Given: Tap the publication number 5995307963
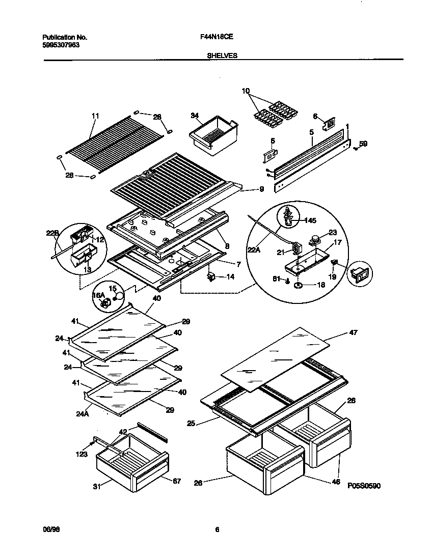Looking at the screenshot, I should [x=61, y=44].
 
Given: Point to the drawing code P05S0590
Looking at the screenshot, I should [x=364, y=486].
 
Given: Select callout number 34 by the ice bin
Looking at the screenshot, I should [x=194, y=116].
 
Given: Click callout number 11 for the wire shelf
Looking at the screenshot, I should [x=95, y=116].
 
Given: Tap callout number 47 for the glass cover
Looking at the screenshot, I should [x=354, y=332].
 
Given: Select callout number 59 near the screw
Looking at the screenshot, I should [x=363, y=144].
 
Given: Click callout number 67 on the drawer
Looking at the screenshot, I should [x=176, y=481].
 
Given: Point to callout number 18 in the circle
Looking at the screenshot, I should [x=321, y=285].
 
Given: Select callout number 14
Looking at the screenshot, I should [x=231, y=277].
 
